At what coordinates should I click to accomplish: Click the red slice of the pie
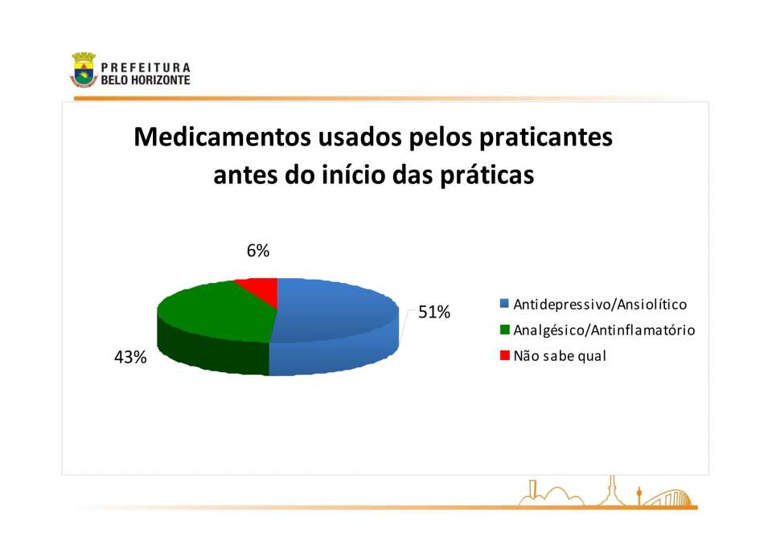(x=260, y=289)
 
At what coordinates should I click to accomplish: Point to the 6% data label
(x=258, y=251)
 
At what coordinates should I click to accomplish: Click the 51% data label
(x=434, y=312)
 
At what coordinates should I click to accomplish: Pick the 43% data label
(x=130, y=358)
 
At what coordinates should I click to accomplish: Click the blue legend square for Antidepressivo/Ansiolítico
(x=504, y=304)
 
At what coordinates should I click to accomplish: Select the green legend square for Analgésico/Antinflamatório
(x=504, y=330)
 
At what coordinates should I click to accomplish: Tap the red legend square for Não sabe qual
(x=504, y=355)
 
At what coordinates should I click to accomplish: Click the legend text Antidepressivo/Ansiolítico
(x=600, y=305)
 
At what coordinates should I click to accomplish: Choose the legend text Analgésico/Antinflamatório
(x=604, y=330)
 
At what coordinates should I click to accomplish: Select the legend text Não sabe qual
(x=560, y=356)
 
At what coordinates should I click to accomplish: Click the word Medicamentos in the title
(x=222, y=137)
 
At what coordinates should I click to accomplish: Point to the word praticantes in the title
(x=546, y=138)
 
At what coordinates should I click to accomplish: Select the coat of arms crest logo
(x=84, y=70)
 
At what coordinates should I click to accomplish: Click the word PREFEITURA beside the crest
(x=146, y=68)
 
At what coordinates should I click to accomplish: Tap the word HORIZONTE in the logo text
(x=161, y=80)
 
